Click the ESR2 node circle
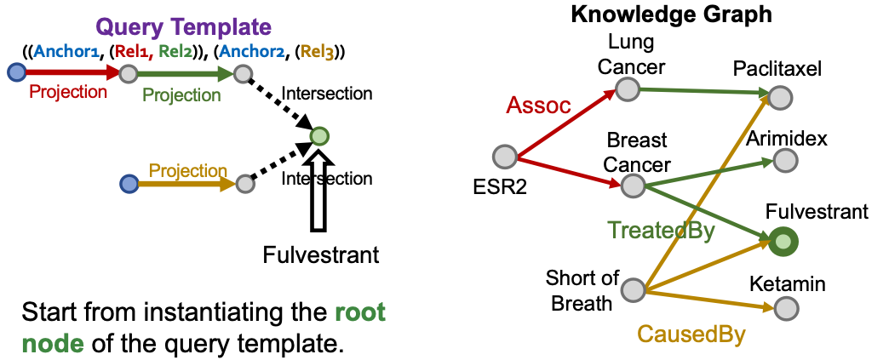(504, 157)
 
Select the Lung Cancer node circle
(628, 89)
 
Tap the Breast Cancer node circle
(632, 186)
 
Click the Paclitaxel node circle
(780, 97)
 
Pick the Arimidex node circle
(785, 160)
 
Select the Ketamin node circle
(786, 308)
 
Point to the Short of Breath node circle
(634, 289)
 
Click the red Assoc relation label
(538, 106)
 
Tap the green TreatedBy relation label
(661, 231)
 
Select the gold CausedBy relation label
(691, 334)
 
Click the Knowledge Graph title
(671, 14)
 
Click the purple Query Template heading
(183, 26)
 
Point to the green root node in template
(319, 136)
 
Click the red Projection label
(68, 91)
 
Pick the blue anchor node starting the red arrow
(16, 72)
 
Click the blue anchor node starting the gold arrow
(129, 184)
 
